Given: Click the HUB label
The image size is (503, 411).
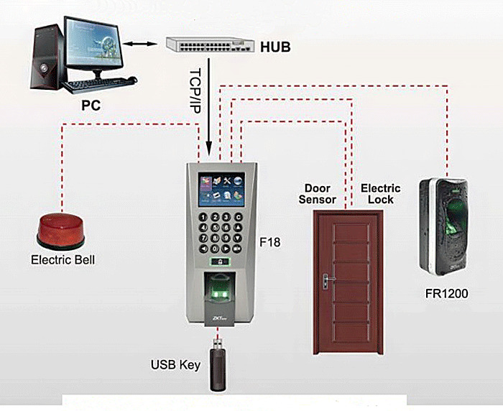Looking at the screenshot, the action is click(275, 47).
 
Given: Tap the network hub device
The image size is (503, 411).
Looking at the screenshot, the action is click(210, 45).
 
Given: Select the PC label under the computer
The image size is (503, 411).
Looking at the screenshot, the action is click(91, 106).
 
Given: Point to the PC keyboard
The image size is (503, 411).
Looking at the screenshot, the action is click(99, 84).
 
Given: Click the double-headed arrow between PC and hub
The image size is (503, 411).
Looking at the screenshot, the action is click(140, 43).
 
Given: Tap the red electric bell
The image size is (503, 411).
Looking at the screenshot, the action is click(60, 231).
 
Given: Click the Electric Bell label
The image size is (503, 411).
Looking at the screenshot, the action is click(63, 260).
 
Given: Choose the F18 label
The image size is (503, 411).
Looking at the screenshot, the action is click(269, 242).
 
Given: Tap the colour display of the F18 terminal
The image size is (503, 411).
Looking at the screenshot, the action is click(221, 189).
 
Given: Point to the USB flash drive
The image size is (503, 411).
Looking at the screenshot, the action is click(218, 365).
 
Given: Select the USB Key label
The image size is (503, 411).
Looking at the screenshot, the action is click(175, 365).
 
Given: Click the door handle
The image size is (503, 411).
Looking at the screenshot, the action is click(327, 281).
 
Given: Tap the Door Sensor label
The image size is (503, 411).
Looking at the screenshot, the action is click(318, 194).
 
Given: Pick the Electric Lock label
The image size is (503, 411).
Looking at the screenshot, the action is click(381, 194).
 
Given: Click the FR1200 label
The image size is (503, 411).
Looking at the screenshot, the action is click(446, 294).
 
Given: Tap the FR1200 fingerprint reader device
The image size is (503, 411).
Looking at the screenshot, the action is click(443, 226).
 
